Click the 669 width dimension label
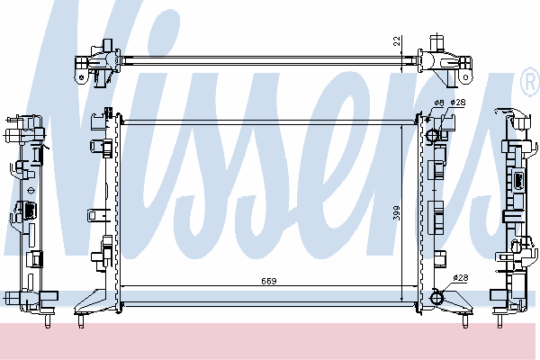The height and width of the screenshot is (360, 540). (x=268, y=281)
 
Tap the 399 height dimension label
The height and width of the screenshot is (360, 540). (x=397, y=213)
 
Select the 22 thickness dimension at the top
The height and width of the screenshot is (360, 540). (x=398, y=41)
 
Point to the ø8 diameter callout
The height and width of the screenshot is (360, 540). (x=439, y=103)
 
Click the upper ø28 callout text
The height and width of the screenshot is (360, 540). (x=458, y=103)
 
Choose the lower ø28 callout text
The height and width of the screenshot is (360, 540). (x=461, y=278)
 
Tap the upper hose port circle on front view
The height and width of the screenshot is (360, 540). (x=432, y=135)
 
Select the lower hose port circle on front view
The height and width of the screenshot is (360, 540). (x=437, y=297)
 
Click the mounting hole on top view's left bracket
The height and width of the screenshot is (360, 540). (x=83, y=77)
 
